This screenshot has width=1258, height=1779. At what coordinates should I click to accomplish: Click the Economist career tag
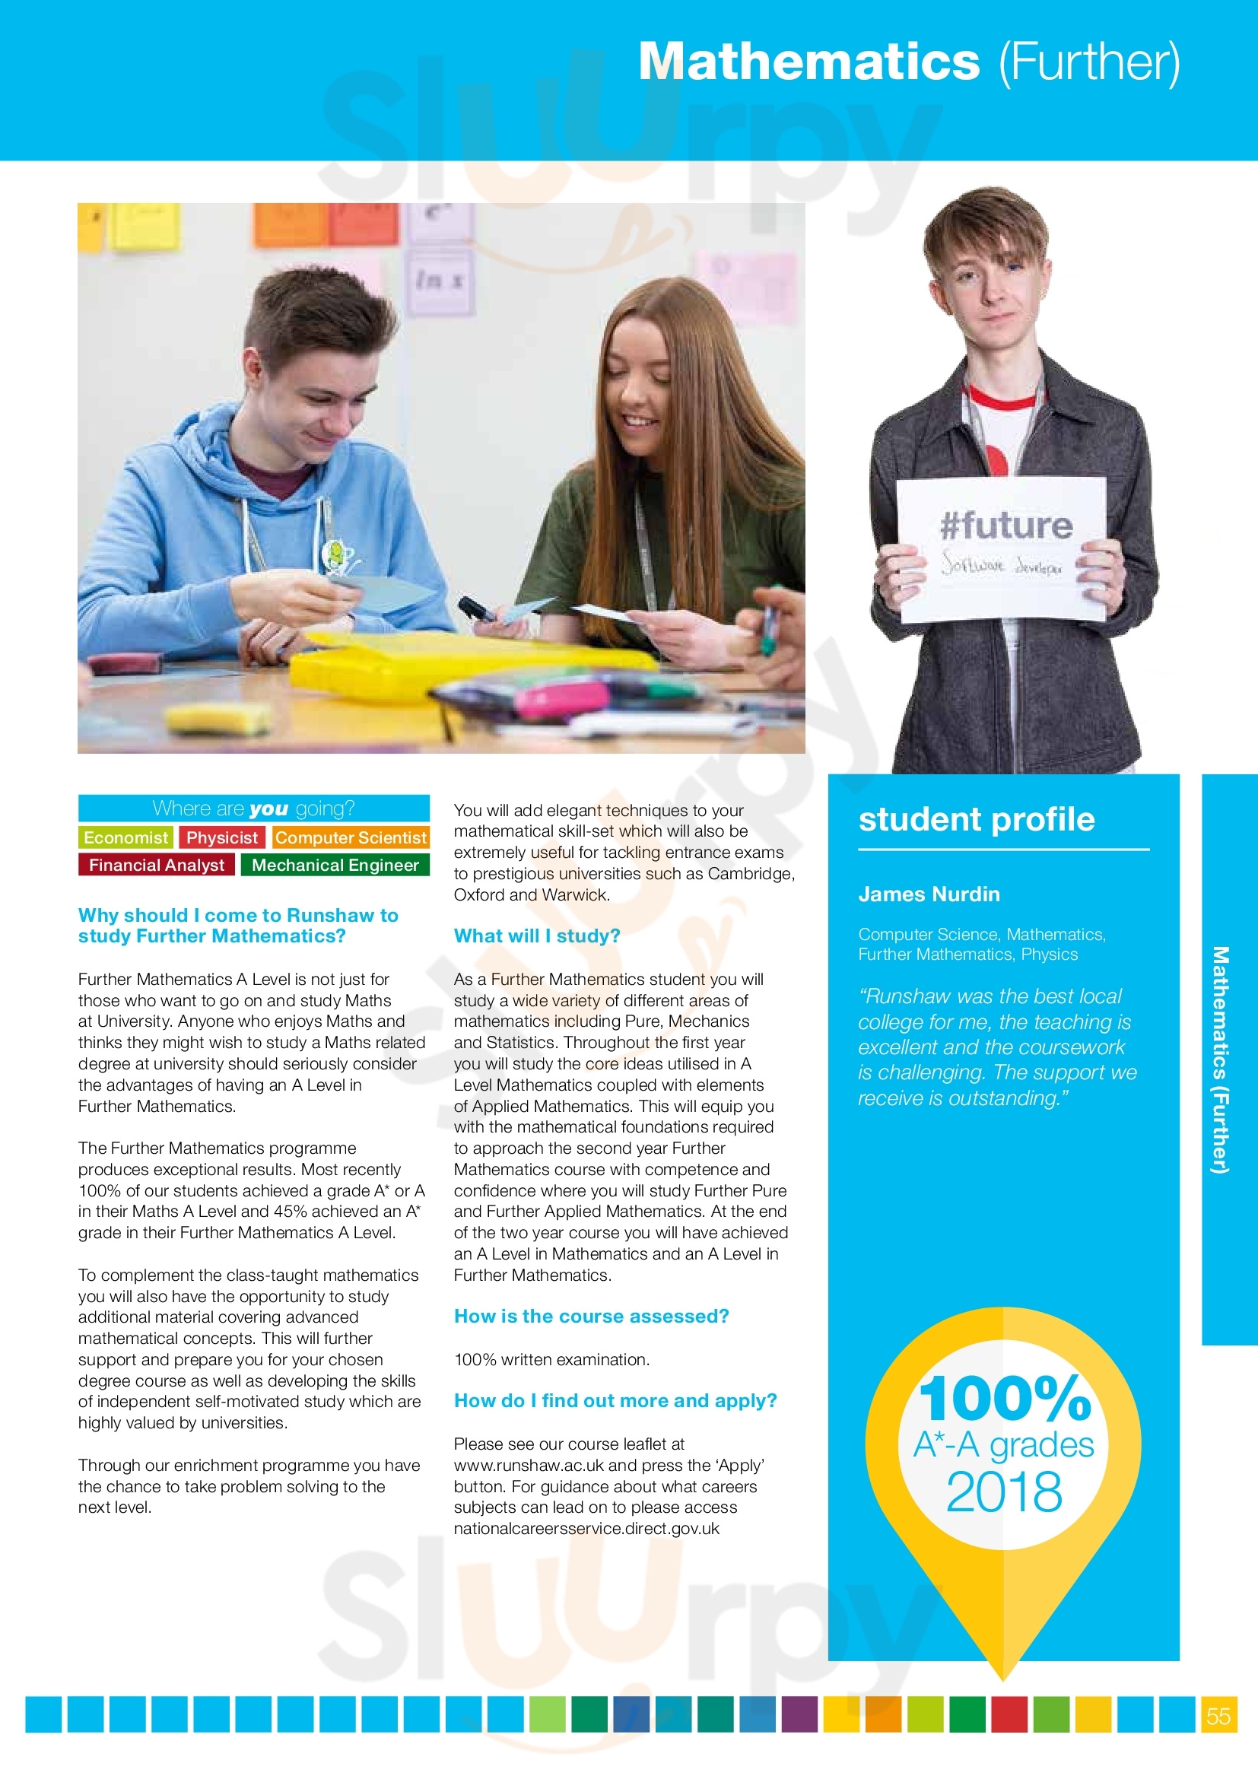pyautogui.click(x=125, y=837)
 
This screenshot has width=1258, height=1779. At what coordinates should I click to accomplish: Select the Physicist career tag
pyautogui.click(x=221, y=837)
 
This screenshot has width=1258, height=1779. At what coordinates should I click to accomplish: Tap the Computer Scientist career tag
pyautogui.click(x=351, y=837)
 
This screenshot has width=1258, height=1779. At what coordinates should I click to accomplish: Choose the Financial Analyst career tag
pyautogui.click(x=156, y=865)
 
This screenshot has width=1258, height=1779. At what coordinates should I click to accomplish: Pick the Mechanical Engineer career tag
pyautogui.click(x=335, y=865)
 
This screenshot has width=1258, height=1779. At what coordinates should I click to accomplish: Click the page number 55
pyautogui.click(x=1218, y=1715)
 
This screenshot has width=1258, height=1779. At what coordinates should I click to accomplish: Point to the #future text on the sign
pyautogui.click(x=1005, y=526)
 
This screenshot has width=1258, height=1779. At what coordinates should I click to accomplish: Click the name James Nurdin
pyautogui.click(x=929, y=894)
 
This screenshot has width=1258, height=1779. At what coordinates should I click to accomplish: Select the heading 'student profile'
pyautogui.click(x=976, y=820)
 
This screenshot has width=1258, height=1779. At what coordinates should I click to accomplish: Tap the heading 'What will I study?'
pyautogui.click(x=537, y=936)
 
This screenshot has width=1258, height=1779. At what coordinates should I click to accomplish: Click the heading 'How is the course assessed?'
pyautogui.click(x=591, y=1317)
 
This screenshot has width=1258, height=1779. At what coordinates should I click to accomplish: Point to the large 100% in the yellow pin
pyautogui.click(x=1005, y=1399)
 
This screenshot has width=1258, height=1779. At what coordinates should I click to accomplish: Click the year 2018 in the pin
pyautogui.click(x=1004, y=1492)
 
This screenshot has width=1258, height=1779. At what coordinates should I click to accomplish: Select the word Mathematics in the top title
pyautogui.click(x=808, y=62)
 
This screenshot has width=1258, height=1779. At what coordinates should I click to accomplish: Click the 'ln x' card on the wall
pyautogui.click(x=439, y=281)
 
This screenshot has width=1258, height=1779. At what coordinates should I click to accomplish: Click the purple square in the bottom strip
pyautogui.click(x=799, y=1714)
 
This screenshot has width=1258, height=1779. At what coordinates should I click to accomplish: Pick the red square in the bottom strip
pyautogui.click(x=1009, y=1714)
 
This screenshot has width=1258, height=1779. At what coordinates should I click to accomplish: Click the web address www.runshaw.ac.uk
pyautogui.click(x=529, y=1466)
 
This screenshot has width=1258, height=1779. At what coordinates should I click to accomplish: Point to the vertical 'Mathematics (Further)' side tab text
pyautogui.click(x=1220, y=1059)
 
